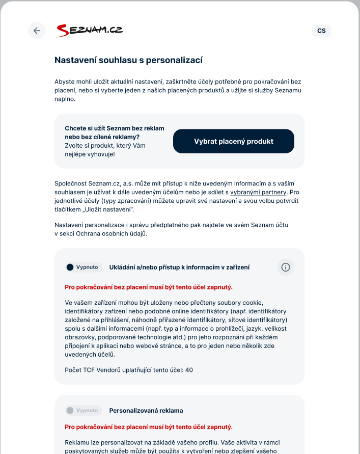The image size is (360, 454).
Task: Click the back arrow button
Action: point(37,31)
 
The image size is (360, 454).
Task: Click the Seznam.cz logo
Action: point(90,31)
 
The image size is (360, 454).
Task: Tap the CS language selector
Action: point(321,31)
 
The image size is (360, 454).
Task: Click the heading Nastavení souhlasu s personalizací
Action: point(128,60)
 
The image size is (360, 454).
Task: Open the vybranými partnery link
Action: point(259,192)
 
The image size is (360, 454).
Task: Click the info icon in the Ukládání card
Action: point(286,267)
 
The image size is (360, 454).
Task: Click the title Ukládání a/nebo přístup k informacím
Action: point(179,267)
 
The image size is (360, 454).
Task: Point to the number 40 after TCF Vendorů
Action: point(189,370)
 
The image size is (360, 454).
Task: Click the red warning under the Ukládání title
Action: point(149,287)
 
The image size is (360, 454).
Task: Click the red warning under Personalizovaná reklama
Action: point(149,426)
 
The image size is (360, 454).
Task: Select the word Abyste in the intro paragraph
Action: point(64,82)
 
